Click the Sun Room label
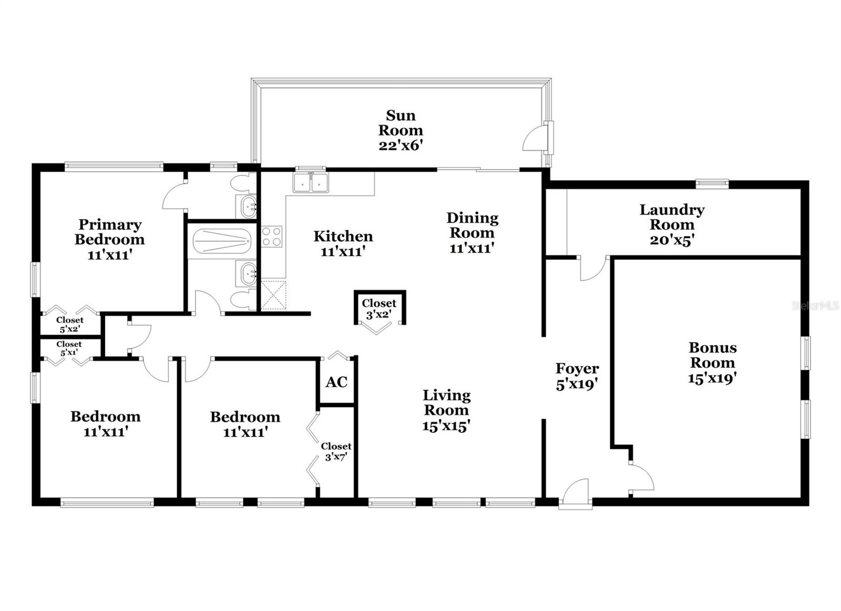click(x=401, y=130)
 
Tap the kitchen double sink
click(x=311, y=182)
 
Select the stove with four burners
click(x=272, y=236)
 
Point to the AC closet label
click(x=336, y=382)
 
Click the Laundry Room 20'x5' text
click(x=672, y=225)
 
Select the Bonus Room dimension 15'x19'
click(x=712, y=378)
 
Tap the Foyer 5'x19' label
click(x=577, y=376)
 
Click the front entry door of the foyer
click(x=574, y=494)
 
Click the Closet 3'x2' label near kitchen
click(x=379, y=308)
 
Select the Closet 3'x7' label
click(x=336, y=451)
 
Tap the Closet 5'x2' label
click(x=70, y=324)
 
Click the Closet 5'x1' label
click(x=69, y=348)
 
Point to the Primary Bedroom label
click(x=109, y=240)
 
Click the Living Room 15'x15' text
click(x=446, y=410)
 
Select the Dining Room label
click(x=472, y=232)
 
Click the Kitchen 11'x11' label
click(x=343, y=243)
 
